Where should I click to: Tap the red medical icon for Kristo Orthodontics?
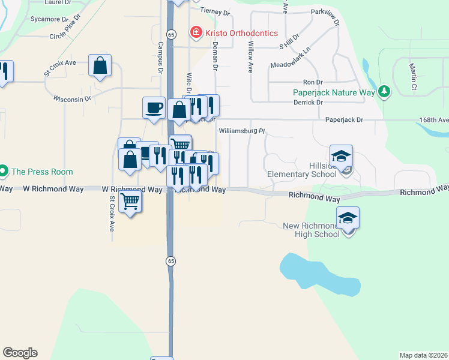(196, 32)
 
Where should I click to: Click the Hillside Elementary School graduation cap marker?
(341, 157)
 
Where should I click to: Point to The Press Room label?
(42, 172)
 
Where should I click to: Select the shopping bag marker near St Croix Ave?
(100, 65)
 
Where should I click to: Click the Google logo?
(20, 353)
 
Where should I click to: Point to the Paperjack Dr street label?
(345, 120)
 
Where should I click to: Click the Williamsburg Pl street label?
(242, 130)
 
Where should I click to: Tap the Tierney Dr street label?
(215, 11)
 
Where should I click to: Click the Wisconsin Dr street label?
(72, 98)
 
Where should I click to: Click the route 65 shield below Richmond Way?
(172, 260)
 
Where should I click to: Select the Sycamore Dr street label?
(47, 19)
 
